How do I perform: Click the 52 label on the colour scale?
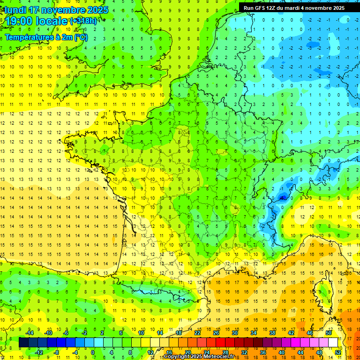click(338, 352)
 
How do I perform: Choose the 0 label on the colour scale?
click(93, 352)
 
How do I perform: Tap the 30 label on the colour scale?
click(234, 333)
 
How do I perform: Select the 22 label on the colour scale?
click(197, 333)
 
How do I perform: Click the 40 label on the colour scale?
click(282, 352)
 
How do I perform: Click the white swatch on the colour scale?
click(333, 343)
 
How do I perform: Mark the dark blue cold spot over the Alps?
click(282, 197)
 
